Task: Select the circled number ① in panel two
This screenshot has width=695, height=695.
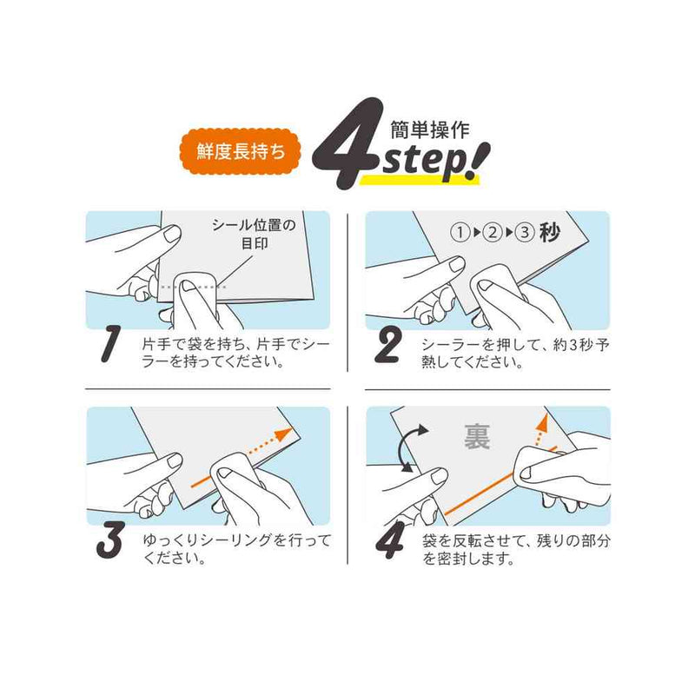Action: (x=460, y=233)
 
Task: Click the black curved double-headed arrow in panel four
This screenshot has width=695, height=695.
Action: (x=407, y=446)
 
